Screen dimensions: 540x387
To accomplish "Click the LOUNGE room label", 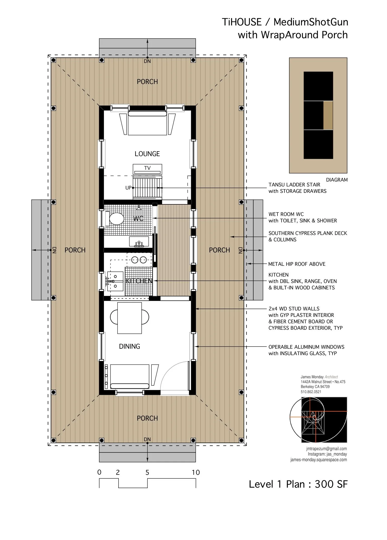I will pos(147,154).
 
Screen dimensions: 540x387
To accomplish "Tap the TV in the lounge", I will pos(147,168).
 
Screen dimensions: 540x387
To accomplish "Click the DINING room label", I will pos(129,346).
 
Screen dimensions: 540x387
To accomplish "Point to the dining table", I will pos(129,318).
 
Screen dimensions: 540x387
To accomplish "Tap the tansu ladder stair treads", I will pos(147,187).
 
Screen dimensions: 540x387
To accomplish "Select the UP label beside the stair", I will pos(128,188).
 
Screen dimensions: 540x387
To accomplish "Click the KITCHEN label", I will pos(139,281).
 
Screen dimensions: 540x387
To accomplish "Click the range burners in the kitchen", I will pos(139,260).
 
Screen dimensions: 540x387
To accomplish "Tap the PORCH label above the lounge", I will pos(147,82).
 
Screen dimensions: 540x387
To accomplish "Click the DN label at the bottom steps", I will pos(147,439).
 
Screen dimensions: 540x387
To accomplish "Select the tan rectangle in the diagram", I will pos(328,115).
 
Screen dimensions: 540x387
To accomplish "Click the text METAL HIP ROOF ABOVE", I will pos(297,264).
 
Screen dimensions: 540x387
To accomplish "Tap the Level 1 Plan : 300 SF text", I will pos(298,484).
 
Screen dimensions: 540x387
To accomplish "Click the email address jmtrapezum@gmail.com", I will pos(326,449).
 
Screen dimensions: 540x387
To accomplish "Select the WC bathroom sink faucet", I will pos(139,244).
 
